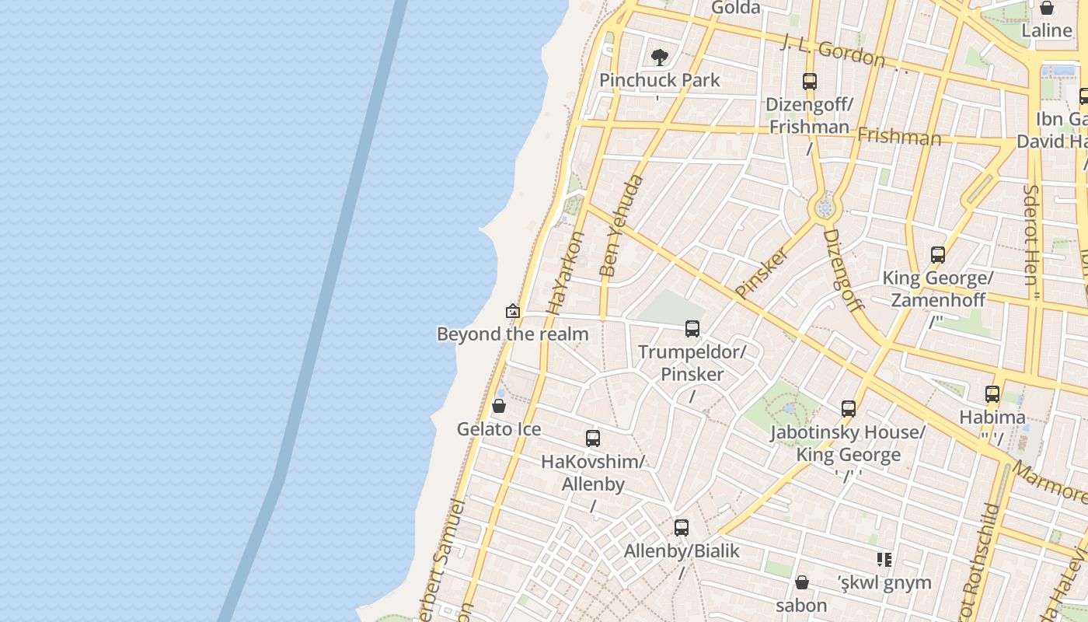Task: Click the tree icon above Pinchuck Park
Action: [x=660, y=57]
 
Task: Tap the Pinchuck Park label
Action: [x=660, y=80]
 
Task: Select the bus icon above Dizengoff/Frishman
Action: [x=810, y=82]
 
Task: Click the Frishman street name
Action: [x=899, y=137]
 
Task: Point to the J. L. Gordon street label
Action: [x=834, y=51]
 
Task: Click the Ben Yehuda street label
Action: [x=622, y=226]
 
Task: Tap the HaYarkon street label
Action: [x=565, y=272]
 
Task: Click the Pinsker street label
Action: [x=762, y=273]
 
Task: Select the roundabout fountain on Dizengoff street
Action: [x=825, y=208]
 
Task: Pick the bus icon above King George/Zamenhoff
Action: [x=938, y=255]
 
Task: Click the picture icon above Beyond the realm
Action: [x=513, y=312]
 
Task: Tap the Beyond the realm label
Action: [x=513, y=334]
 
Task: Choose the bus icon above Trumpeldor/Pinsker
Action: [x=692, y=329]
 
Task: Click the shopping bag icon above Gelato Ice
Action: [x=499, y=406]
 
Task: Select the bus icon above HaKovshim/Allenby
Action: [x=593, y=439]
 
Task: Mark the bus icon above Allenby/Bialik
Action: [x=682, y=528]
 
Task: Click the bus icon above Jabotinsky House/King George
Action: [x=849, y=409]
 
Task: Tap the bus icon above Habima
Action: [x=992, y=394]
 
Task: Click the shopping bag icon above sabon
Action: [x=802, y=582]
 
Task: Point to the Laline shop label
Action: [x=1047, y=31]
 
